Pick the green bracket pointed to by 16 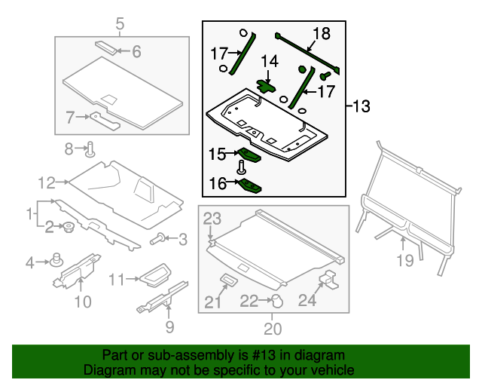tap(252, 186)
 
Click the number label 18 tap(322, 33)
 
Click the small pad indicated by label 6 tap(107, 46)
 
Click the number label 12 tap(47, 182)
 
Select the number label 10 tap(82, 302)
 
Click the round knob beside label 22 tap(276, 301)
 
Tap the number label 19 tap(405, 261)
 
